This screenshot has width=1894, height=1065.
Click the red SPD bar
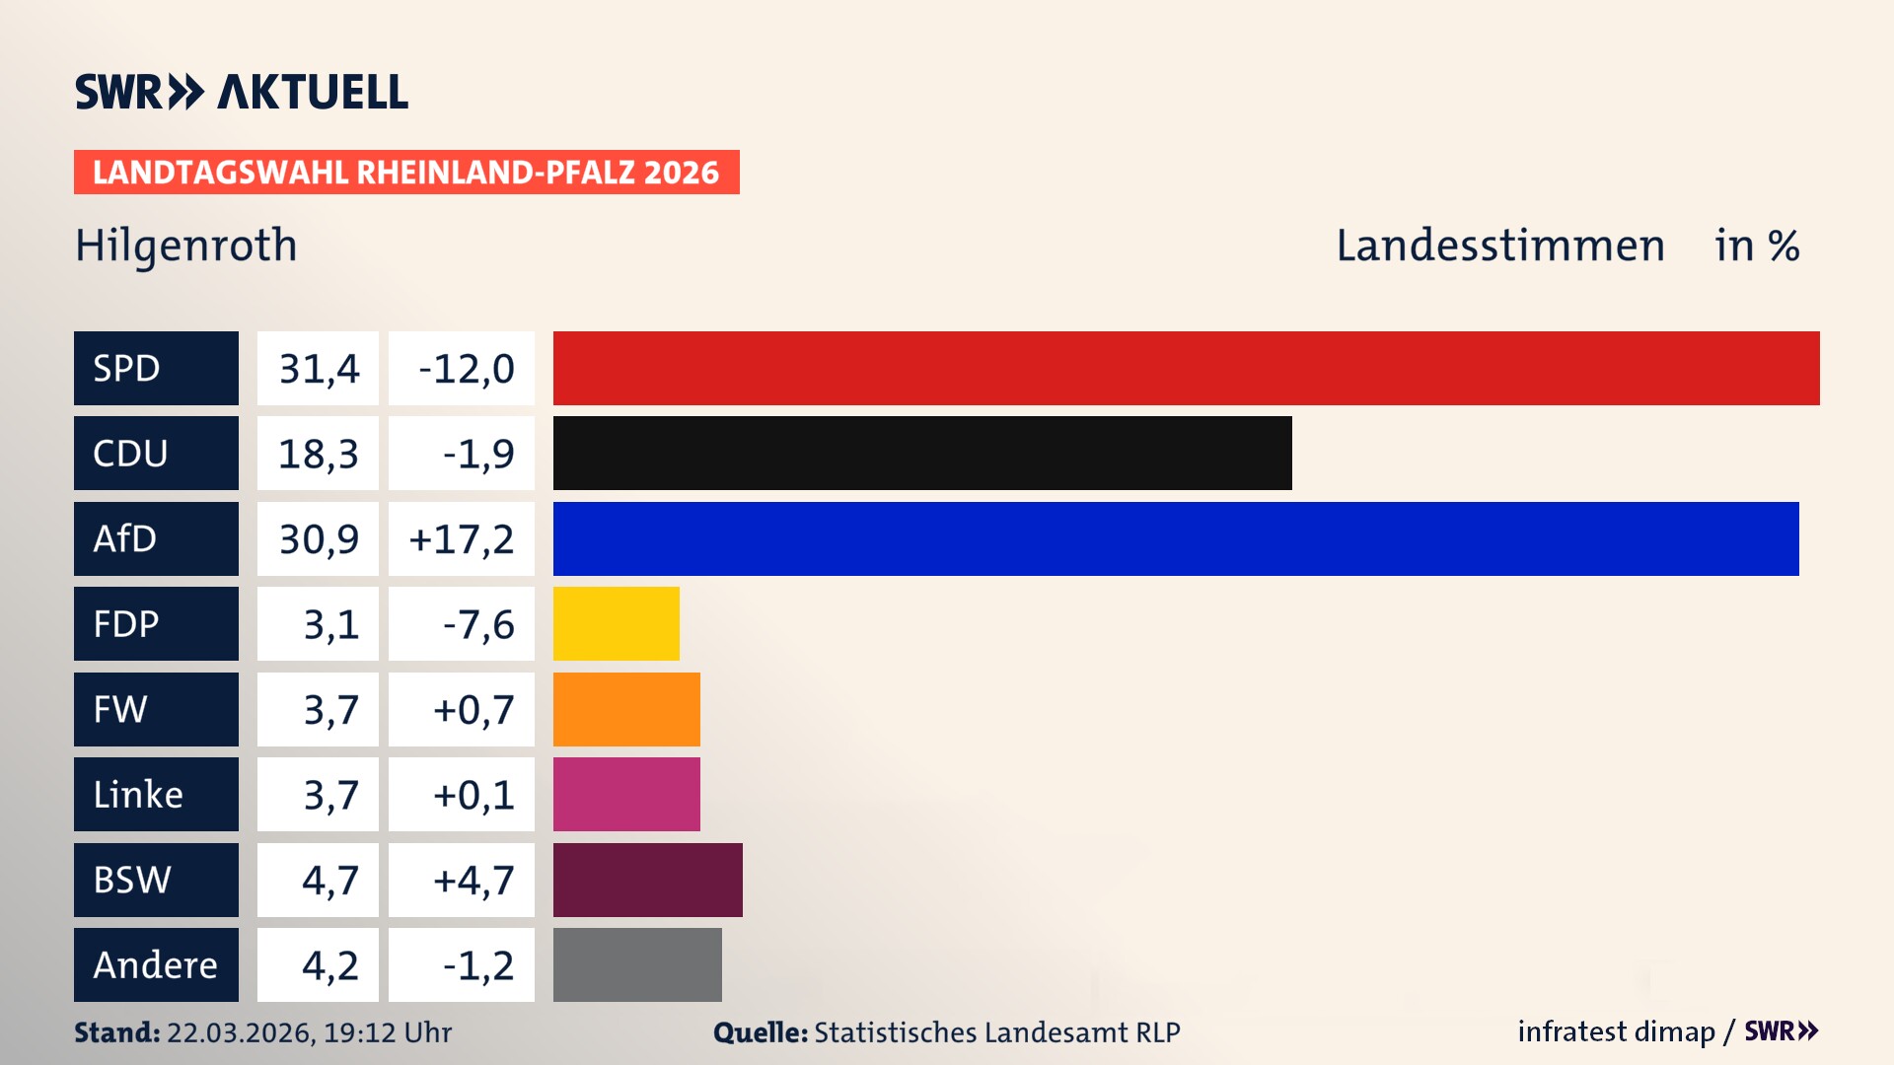(x=1186, y=368)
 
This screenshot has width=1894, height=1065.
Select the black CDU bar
(x=922, y=453)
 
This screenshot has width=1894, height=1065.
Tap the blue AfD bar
(x=1176, y=538)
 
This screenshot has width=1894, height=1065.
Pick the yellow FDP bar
(x=616, y=623)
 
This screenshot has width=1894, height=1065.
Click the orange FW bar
(x=626, y=709)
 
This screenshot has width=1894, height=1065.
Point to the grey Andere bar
(x=637, y=964)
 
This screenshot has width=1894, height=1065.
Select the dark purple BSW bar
(x=647, y=880)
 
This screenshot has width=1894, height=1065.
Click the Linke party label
(x=138, y=794)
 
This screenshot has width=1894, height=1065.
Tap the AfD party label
(x=125, y=538)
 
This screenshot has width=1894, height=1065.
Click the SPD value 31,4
(x=319, y=369)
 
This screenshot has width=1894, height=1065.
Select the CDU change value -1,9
(x=478, y=454)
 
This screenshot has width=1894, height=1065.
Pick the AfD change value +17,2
(x=462, y=539)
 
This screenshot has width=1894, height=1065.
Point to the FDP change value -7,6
(x=478, y=624)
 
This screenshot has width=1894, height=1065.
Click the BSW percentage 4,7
(x=330, y=880)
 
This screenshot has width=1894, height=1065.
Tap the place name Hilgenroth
(x=186, y=246)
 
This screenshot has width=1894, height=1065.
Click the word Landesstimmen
(x=1499, y=246)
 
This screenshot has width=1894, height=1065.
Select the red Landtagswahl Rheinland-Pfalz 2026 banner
(x=406, y=173)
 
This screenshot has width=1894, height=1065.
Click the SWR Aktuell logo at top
(x=242, y=92)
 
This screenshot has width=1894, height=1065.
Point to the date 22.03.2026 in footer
(x=241, y=1032)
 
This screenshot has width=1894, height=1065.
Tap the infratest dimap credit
(x=1616, y=1031)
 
